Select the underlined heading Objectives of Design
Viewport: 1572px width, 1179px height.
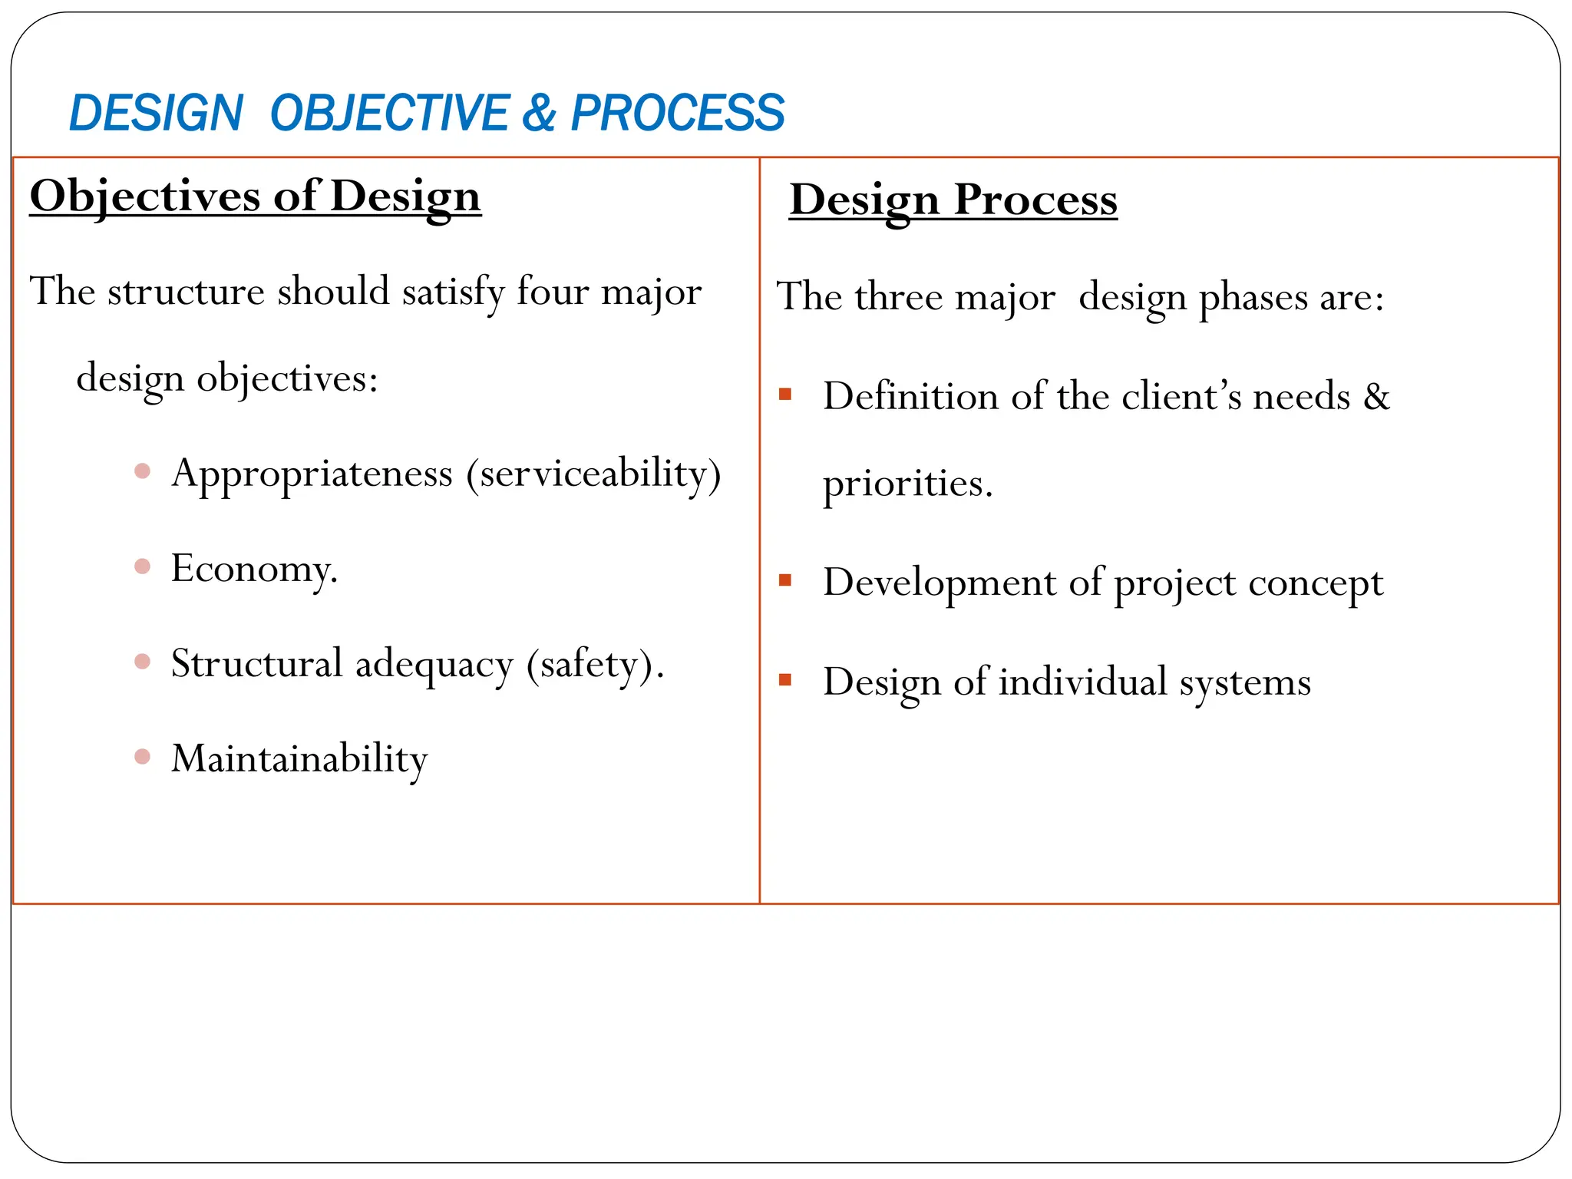pos(255,196)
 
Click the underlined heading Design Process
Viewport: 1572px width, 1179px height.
pos(953,200)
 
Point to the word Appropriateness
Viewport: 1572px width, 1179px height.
pos(312,474)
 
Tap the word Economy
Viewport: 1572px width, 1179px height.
pos(253,570)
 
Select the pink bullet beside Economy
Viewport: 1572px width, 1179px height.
pos(142,566)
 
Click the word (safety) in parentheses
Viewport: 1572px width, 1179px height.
pos(592,665)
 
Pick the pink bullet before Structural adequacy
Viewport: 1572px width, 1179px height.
pos(142,662)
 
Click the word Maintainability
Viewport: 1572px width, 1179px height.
pos(299,759)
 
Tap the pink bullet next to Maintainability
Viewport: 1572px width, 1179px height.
pos(142,757)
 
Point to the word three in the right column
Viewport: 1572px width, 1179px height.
pos(898,297)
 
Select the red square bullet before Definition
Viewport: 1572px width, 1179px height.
pos(784,395)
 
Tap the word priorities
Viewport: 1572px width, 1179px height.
pos(907,484)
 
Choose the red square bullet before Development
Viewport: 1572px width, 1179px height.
pos(784,580)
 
